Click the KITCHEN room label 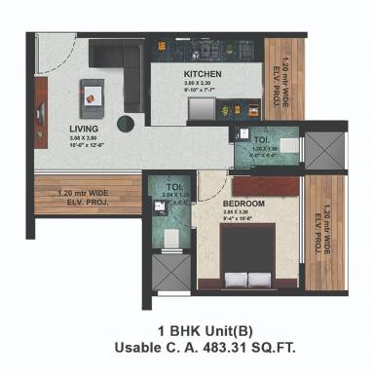coord(203,74)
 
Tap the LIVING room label coord(69,129)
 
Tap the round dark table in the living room coord(124,122)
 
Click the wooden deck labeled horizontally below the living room coord(86,198)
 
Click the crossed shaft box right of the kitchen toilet coord(325,148)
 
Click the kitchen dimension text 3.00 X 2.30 coord(203,85)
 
